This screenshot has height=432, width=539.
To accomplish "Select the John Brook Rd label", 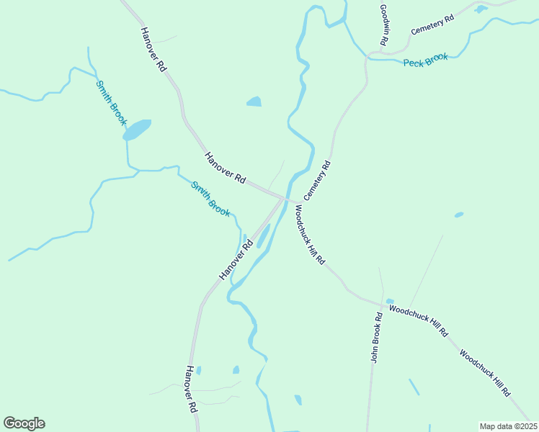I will click(x=375, y=337).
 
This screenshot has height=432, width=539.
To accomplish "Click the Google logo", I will click(x=24, y=423).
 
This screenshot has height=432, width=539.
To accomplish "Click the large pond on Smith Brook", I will click(x=137, y=130).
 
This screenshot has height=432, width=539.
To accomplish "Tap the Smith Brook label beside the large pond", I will click(x=111, y=103).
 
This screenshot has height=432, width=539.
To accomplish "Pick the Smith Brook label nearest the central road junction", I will click(x=210, y=199).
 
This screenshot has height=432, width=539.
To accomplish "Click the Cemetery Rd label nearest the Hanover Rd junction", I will click(x=317, y=180).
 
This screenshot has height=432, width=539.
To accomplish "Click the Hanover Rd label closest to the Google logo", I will click(x=190, y=389).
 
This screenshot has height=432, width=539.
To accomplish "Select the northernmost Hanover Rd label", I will click(x=153, y=49).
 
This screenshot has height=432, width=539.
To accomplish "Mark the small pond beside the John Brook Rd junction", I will click(x=390, y=302).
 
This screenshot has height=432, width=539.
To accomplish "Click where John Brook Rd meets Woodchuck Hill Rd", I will click(x=379, y=304).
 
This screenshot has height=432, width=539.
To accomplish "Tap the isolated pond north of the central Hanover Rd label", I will click(x=254, y=102).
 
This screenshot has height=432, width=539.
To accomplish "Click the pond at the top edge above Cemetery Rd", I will click(x=481, y=9).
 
